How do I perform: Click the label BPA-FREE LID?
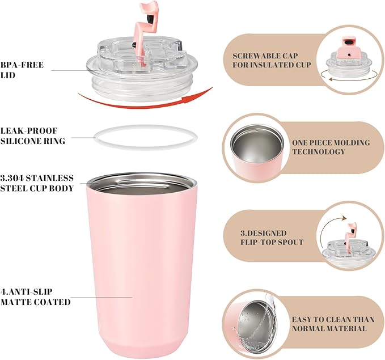tap(22, 70)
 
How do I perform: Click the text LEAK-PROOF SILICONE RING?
tap(33, 136)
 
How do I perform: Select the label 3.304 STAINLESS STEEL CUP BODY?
tap(37, 183)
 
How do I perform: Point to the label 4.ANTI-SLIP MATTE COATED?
tap(35, 297)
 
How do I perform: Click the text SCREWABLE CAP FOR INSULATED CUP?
tap(272, 60)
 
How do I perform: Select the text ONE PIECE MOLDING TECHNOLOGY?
tap(331, 147)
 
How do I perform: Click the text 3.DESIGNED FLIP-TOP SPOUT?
tap(272, 238)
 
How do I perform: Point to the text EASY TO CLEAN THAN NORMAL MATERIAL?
tap(333, 324)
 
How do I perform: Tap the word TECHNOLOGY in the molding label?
tap(319, 152)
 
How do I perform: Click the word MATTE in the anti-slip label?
tap(15, 302)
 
